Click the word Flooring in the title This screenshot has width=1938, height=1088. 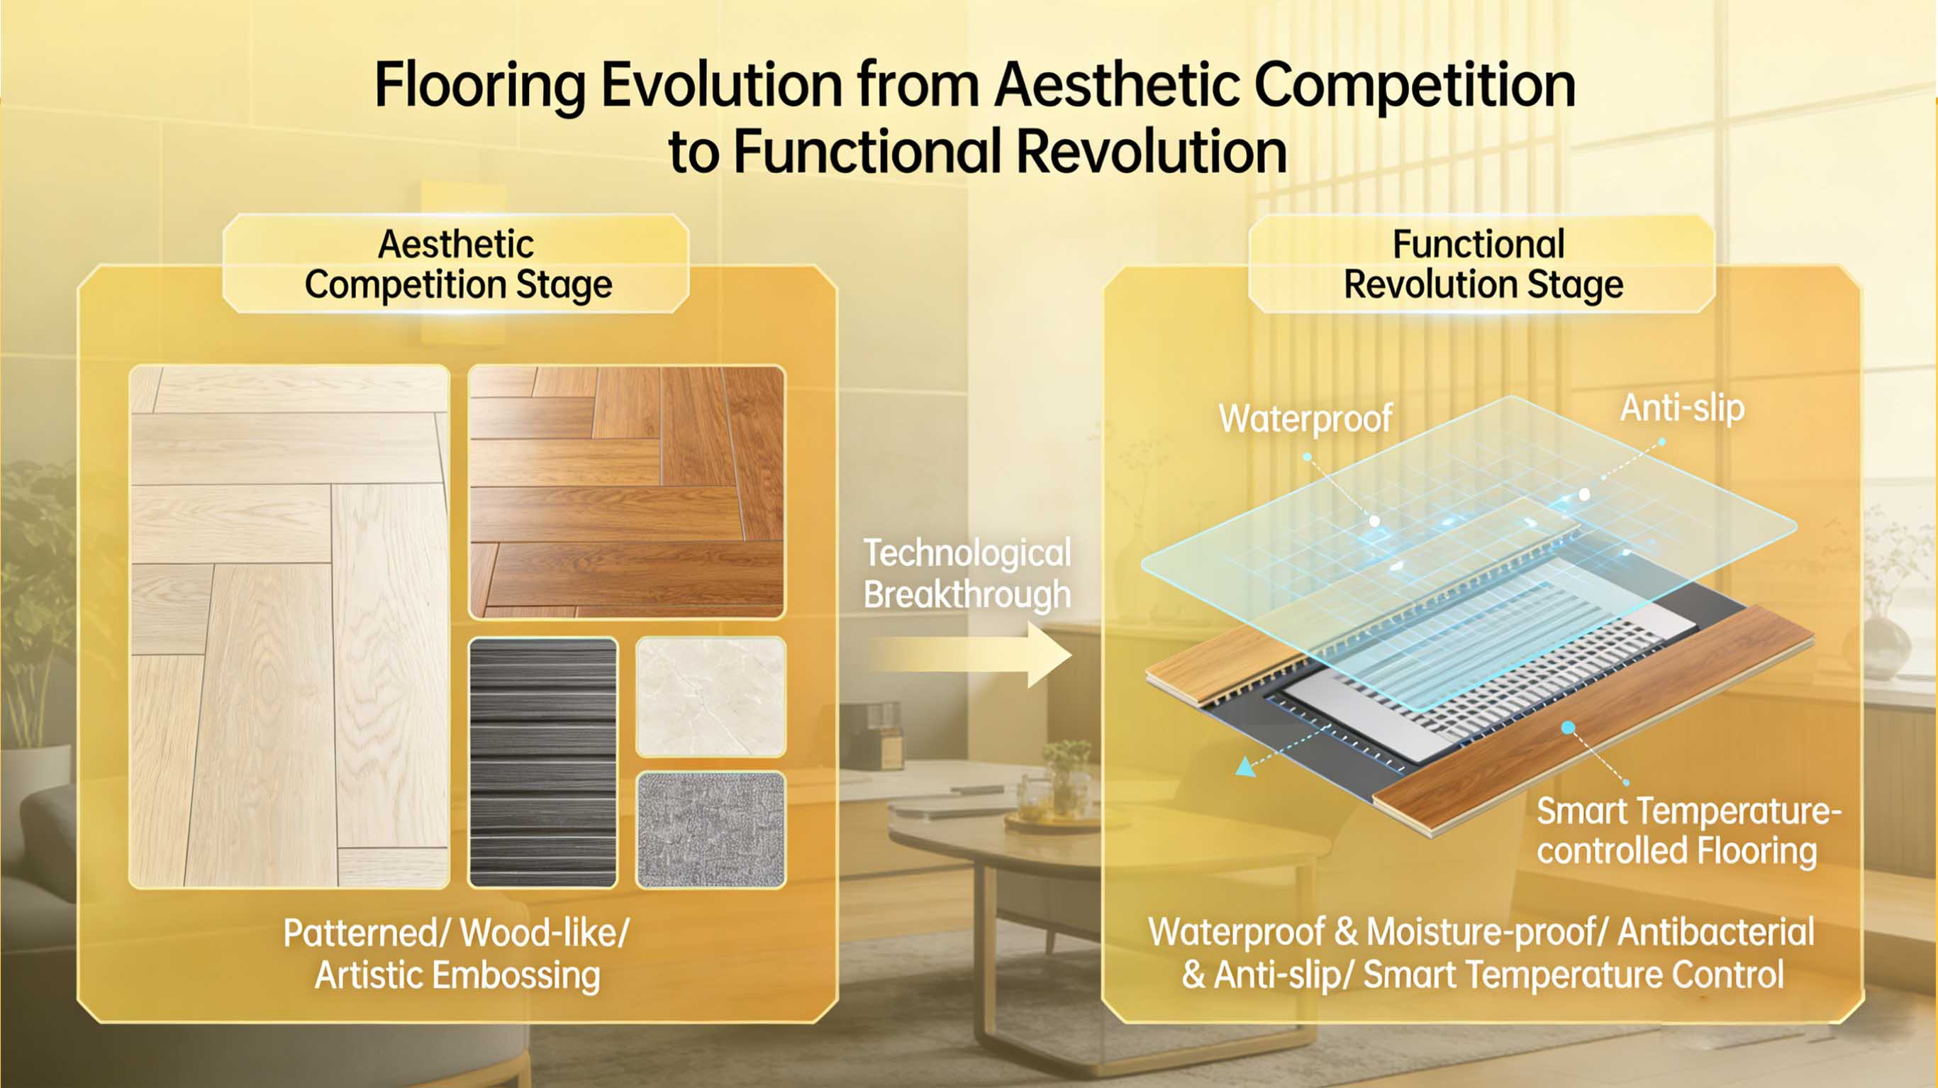(x=479, y=87)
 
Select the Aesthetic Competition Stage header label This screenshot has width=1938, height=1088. (x=457, y=264)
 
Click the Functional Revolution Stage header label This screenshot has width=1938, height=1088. (x=1481, y=264)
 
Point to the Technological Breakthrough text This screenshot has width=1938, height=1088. (x=967, y=573)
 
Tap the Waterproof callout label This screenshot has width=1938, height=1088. (x=1305, y=419)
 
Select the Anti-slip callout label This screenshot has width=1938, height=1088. (x=1681, y=409)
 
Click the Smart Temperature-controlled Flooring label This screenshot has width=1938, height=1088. (x=1686, y=831)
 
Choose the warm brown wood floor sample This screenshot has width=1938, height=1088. (x=626, y=493)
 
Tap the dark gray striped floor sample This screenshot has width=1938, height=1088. (x=543, y=762)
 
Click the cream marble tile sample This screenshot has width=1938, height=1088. (x=711, y=696)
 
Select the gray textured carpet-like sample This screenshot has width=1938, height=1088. (x=711, y=829)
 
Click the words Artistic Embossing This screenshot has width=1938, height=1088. (x=457, y=976)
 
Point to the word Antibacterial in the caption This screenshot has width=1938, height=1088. (x=1715, y=932)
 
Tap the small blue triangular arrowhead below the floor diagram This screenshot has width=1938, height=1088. (x=1245, y=767)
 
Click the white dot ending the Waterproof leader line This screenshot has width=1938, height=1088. (x=1374, y=521)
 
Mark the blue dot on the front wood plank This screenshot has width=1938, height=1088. (x=1569, y=728)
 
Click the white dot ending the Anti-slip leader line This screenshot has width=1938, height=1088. (x=1584, y=494)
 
